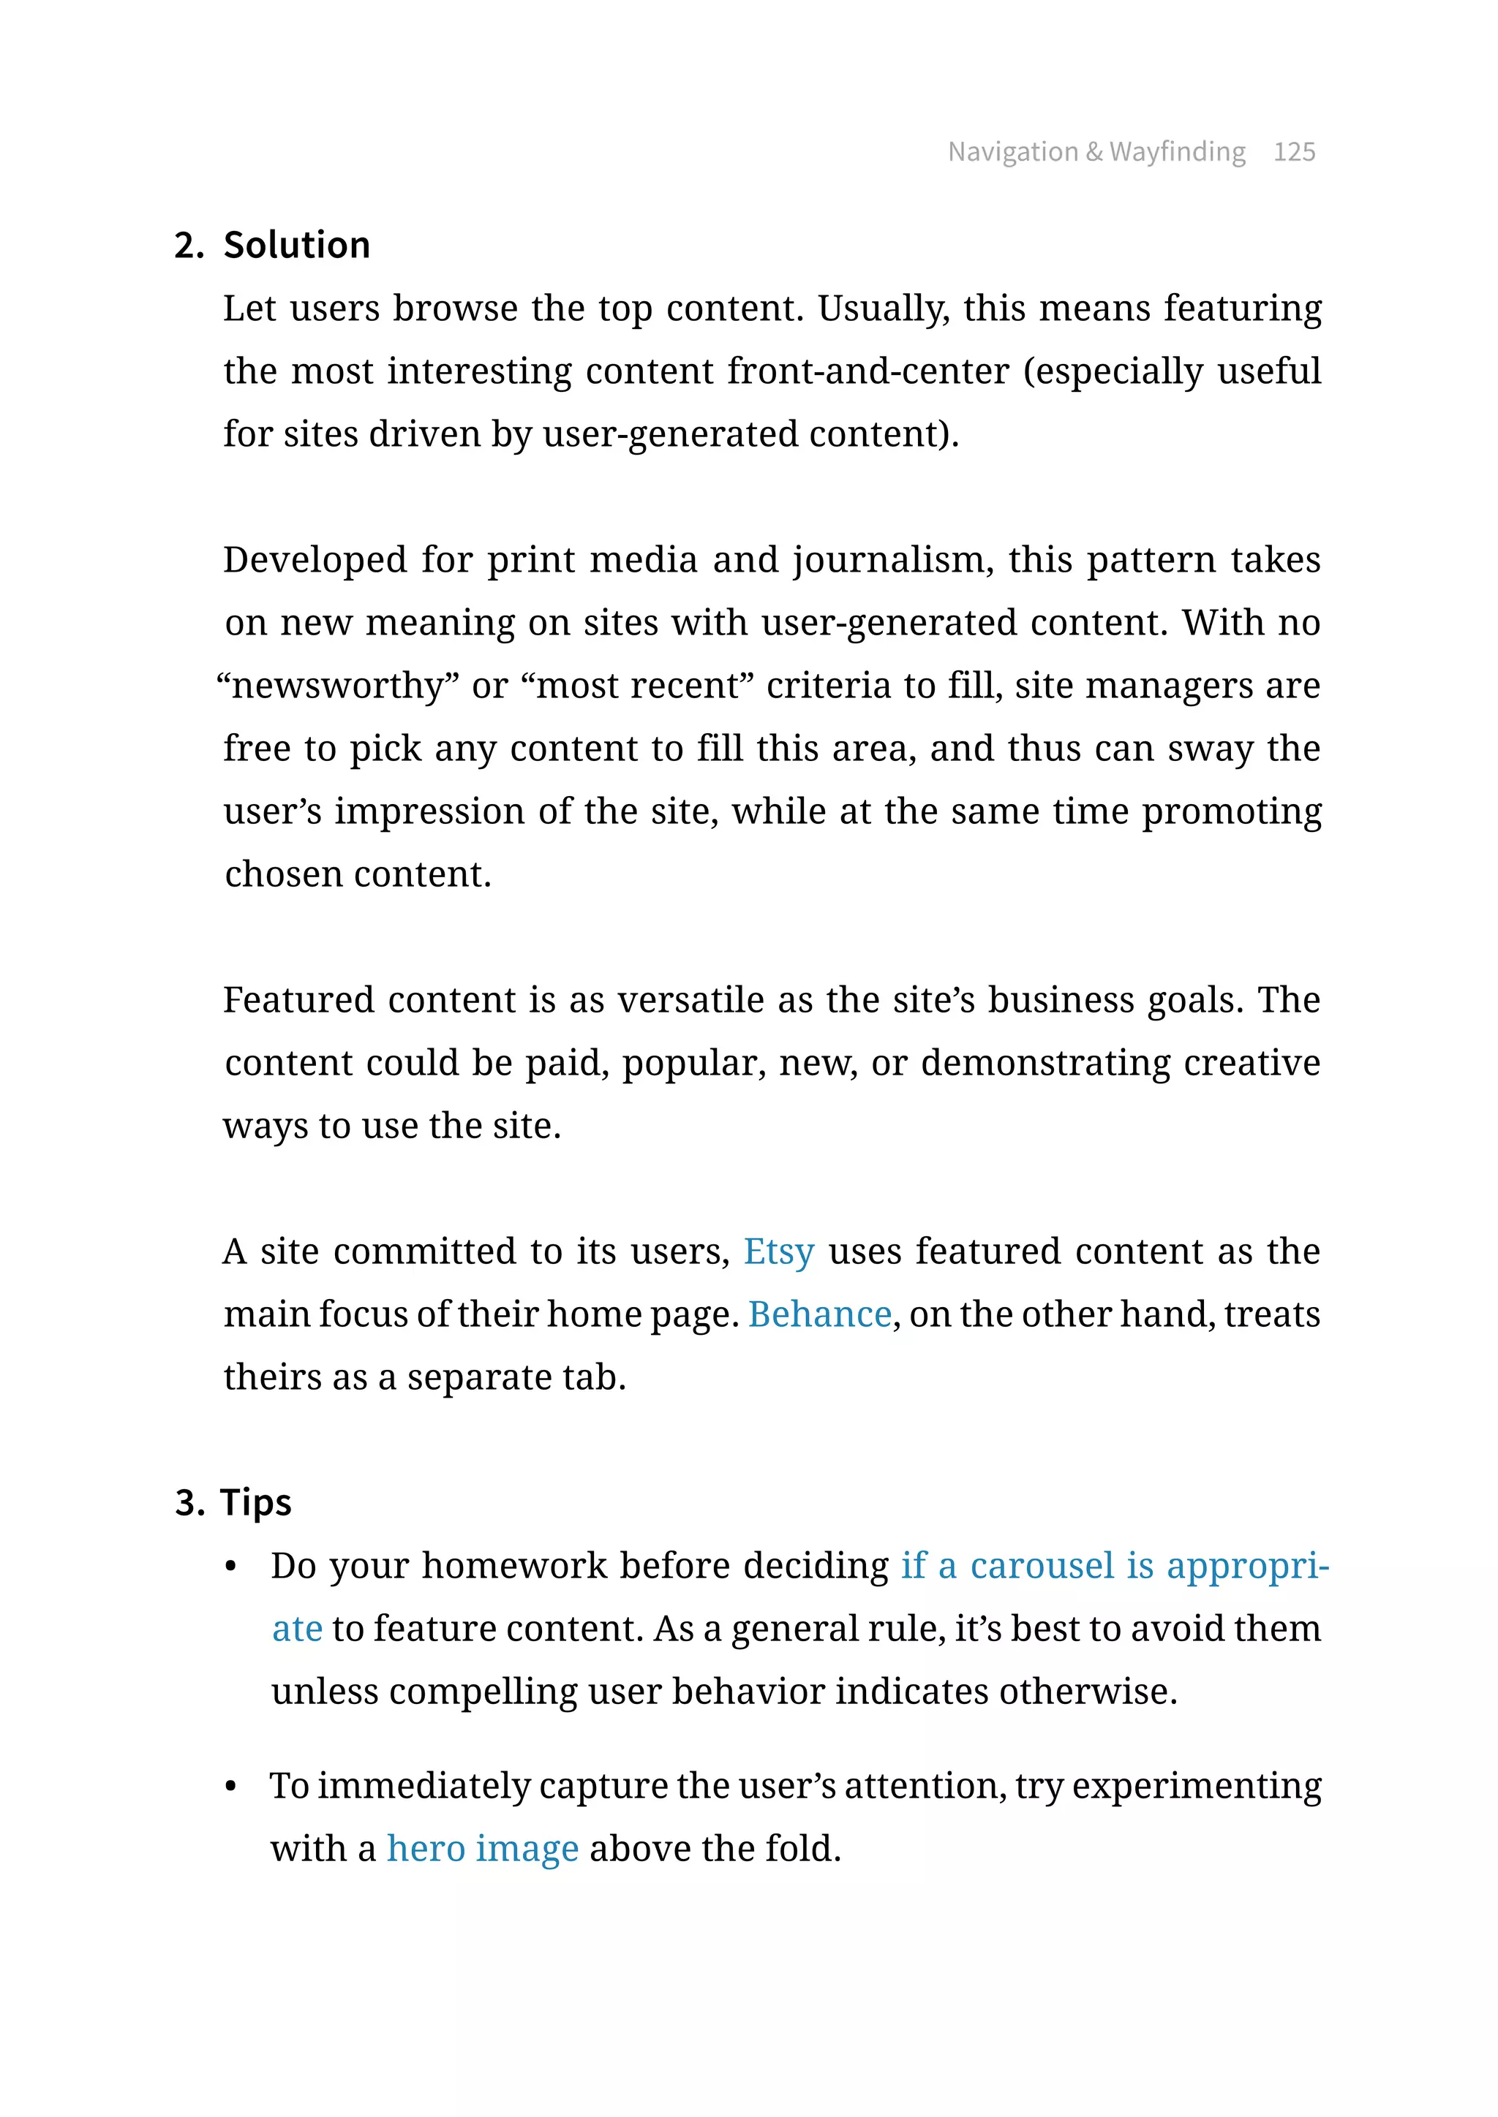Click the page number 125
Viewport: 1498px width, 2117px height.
point(1293,151)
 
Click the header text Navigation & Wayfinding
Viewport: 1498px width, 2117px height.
point(1096,151)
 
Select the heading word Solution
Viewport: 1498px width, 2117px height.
point(296,246)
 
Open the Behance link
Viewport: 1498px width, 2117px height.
point(819,1314)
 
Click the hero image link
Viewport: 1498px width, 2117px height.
point(483,1849)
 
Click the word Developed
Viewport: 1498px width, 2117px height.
point(315,560)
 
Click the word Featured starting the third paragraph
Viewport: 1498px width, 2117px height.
point(299,999)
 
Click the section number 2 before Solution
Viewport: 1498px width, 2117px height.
point(187,246)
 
